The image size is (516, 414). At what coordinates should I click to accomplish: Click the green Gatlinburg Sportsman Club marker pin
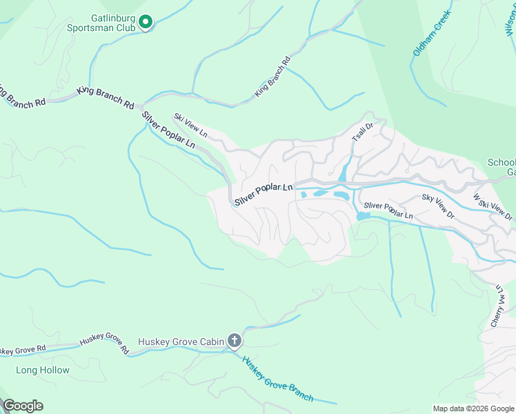(x=146, y=23)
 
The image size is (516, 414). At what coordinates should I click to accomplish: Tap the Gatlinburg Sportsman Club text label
(x=112, y=23)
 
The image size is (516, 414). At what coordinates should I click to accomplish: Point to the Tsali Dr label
(x=362, y=132)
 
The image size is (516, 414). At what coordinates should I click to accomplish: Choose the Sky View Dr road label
(x=439, y=206)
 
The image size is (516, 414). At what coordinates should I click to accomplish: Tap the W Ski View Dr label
(x=493, y=207)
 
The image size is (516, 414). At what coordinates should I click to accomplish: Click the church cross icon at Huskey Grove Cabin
(x=235, y=340)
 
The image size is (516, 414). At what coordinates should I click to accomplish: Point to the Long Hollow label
(x=43, y=370)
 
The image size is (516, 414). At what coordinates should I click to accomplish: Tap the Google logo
(x=22, y=406)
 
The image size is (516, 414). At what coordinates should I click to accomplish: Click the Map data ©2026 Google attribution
(x=473, y=408)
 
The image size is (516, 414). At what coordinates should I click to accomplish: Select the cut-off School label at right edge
(x=502, y=163)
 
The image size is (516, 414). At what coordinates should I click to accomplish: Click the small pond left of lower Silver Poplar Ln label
(x=363, y=216)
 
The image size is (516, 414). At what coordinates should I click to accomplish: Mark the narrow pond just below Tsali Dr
(x=344, y=172)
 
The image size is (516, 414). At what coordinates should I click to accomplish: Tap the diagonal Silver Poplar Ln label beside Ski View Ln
(x=169, y=131)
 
